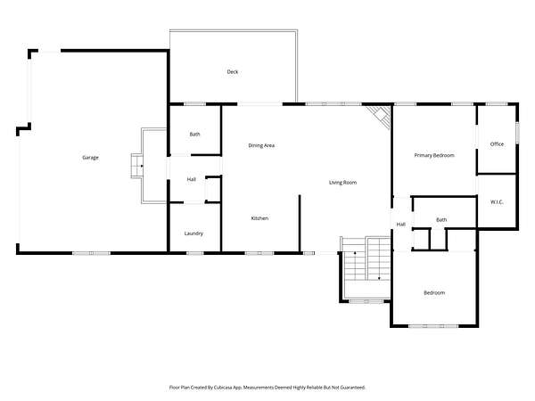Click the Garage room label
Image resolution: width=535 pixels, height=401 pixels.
[90, 158]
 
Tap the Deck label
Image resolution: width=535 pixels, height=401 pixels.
[233, 71]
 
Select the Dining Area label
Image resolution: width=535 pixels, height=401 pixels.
[261, 145]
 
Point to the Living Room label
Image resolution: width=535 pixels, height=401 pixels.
[342, 183]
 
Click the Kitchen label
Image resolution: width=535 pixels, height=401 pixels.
[259, 218]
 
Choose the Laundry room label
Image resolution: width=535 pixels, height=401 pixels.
[193, 233]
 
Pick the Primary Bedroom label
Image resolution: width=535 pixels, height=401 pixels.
[434, 155]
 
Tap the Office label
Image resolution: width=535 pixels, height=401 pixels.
[497, 144]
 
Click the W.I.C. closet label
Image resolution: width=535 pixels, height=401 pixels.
[497, 202]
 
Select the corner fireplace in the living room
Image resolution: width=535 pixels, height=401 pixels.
[381, 115]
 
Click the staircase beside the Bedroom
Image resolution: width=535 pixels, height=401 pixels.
[366, 259]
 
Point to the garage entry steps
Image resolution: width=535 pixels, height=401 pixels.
[136, 166]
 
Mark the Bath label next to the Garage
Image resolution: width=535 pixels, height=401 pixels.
[194, 135]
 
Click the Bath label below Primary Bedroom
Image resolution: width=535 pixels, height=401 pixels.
[441, 220]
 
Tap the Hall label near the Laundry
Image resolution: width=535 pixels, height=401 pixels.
[191, 179]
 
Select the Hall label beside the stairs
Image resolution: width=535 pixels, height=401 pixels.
[401, 225]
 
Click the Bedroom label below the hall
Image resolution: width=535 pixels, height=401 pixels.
[434, 293]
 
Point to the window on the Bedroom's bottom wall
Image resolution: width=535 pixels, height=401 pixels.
[433, 326]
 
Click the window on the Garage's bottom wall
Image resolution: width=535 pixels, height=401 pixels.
[92, 253]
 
